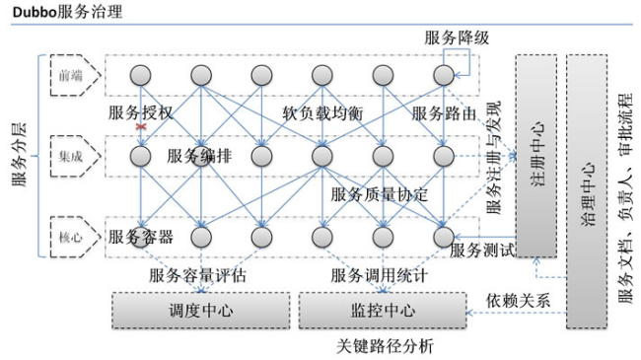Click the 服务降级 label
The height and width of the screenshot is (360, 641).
(x=456, y=37)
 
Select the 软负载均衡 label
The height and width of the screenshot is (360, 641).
(x=322, y=113)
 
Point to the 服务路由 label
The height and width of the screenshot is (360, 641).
(x=445, y=113)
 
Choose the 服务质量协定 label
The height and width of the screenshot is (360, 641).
(x=380, y=194)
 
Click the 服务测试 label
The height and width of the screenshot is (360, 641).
(x=483, y=251)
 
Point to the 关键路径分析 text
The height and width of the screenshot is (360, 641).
(x=384, y=346)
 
